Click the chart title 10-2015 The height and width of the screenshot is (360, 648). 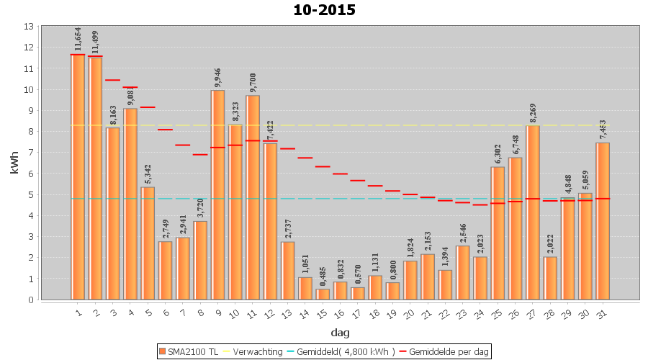[324, 10]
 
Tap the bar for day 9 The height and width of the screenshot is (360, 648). [217, 194]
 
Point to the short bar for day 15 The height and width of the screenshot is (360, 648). [323, 294]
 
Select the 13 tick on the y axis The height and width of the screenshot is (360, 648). [28, 27]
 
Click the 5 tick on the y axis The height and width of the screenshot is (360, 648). [30, 194]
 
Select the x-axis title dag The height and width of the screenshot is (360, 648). [340, 333]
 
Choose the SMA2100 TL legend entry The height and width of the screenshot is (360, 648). [189, 351]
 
